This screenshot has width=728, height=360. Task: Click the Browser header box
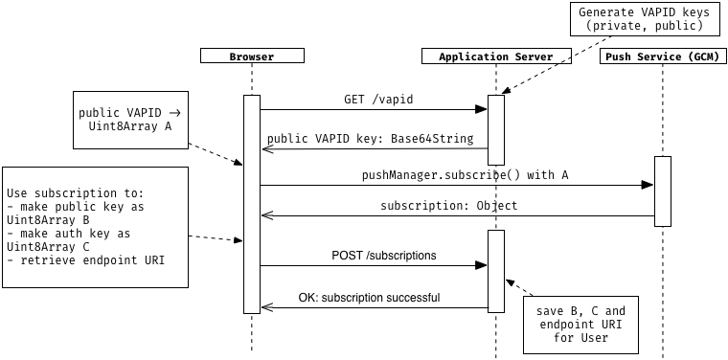coord(252,56)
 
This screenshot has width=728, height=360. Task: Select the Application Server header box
coord(496,56)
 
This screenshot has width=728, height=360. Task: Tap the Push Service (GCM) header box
coord(662,56)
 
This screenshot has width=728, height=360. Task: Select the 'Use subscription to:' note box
coord(95,227)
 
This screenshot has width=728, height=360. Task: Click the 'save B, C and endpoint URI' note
coord(580,325)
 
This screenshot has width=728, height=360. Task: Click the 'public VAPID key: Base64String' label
coord(370,139)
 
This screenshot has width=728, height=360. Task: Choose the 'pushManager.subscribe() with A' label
coord(451,175)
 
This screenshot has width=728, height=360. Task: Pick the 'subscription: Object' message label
coord(448,205)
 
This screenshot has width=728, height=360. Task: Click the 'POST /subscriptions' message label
coord(383,256)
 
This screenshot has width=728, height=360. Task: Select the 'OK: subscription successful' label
coord(369,298)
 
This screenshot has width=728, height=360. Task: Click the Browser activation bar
coord(252,203)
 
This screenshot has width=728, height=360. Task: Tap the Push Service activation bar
coord(662,191)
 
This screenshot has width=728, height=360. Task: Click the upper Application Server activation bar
coord(496,129)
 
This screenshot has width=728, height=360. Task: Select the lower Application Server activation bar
coord(496,271)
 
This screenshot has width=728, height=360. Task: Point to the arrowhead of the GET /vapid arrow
coord(483,109)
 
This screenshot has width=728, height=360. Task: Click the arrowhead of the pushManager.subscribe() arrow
coord(648,186)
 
